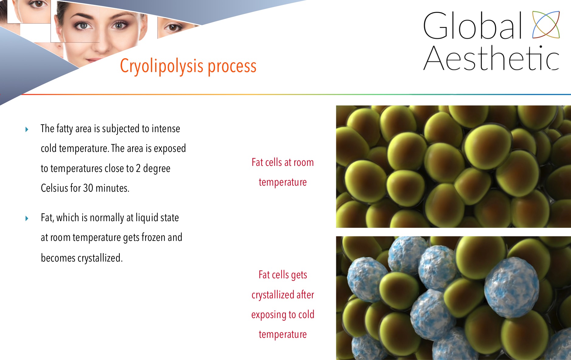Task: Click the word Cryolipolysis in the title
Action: pyautogui.click(x=162, y=66)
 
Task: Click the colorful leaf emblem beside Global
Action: pyautogui.click(x=546, y=25)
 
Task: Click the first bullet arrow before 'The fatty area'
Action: pyautogui.click(x=27, y=129)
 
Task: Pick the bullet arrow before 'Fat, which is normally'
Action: pyautogui.click(x=27, y=218)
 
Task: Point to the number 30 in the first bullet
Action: pyautogui.click(x=88, y=188)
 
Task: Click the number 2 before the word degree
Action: pyautogui.click(x=138, y=168)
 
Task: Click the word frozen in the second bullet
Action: pyautogui.click(x=153, y=237)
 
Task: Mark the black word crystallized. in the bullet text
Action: pyautogui.click(x=82, y=258)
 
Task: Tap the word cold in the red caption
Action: pyautogui.click(x=306, y=314)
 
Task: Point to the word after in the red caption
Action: pyautogui.click(x=305, y=294)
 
